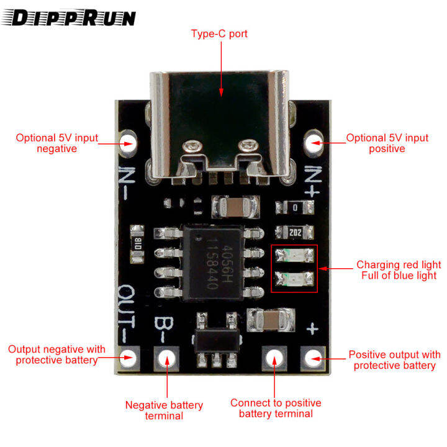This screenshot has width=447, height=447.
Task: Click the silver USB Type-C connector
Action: coord(220,118)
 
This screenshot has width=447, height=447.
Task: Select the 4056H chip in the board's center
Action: coord(213,261)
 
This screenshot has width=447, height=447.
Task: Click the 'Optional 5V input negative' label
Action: coord(56,143)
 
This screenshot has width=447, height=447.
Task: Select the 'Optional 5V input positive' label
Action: coord(387,143)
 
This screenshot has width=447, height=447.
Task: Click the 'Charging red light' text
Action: coord(399,264)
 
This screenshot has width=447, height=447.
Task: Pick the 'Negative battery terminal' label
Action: coord(164,410)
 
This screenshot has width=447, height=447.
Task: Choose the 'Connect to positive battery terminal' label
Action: coord(276,408)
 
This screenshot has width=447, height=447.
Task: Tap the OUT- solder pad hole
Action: coord(129,357)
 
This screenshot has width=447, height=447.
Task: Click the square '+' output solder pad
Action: coord(313,357)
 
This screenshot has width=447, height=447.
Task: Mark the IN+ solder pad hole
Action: coord(314,143)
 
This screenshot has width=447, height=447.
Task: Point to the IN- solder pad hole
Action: coord(129,142)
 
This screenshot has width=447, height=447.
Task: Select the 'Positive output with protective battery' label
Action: coord(394,360)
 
